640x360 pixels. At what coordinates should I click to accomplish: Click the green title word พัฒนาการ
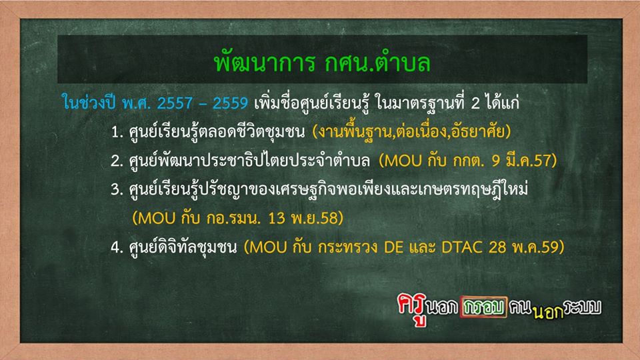pos(265,63)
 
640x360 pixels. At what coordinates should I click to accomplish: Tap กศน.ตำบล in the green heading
pos(378,63)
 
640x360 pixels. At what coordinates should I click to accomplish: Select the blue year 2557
pos(175,103)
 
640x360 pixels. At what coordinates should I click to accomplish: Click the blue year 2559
pos(230,103)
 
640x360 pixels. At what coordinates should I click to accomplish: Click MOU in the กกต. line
pos(403,161)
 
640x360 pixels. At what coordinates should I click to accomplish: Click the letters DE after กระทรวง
pos(394,247)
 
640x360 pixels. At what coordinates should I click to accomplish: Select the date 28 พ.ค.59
pos(524,247)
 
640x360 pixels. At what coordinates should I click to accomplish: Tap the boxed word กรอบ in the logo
pos(484,307)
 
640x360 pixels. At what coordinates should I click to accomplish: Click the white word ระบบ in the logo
pos(583,307)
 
